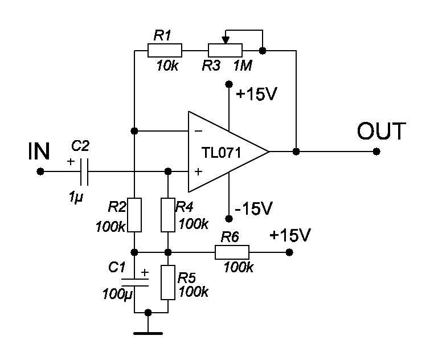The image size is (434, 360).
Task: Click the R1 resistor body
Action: coord(165,50)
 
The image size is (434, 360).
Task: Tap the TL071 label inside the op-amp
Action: coord(221,153)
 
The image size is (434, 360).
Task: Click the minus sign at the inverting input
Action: coord(199,130)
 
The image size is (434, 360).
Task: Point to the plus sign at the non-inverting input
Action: coord(198,171)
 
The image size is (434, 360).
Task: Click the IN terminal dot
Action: coord(40,171)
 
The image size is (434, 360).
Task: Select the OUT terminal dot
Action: coord(376,152)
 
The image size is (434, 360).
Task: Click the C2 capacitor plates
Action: coord(84,171)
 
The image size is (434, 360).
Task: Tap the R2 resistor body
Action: coord(134,215)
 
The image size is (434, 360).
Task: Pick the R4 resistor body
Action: coord(168,215)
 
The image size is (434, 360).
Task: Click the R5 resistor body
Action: coord(168,282)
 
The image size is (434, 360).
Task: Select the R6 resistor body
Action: coord(232,252)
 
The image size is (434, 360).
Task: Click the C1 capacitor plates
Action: coord(135,282)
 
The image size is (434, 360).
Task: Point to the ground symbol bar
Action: coord(148,333)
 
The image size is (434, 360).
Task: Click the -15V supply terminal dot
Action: coord(229,219)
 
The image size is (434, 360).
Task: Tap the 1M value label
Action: coord(243,66)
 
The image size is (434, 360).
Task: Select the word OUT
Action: coord(382,131)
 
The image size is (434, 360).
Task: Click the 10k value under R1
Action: coord(167,66)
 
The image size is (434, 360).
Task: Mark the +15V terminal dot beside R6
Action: coord(289,252)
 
